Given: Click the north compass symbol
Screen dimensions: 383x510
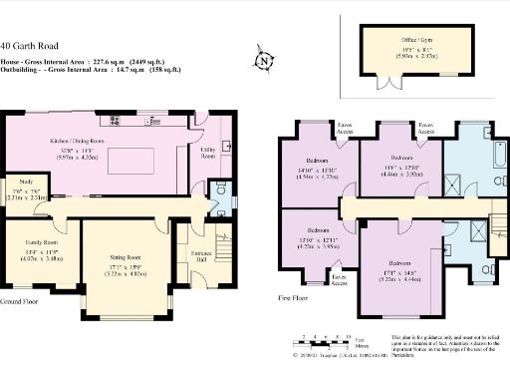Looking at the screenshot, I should (263, 61).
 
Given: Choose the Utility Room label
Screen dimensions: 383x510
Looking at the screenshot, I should (208, 155).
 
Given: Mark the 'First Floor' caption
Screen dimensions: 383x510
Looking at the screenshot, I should (297, 297).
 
